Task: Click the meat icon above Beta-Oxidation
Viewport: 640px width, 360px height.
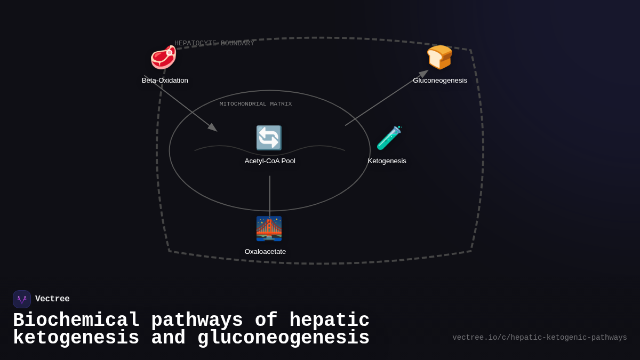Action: pyautogui.click(x=163, y=58)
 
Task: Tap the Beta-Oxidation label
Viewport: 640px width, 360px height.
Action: pyautogui.click(x=165, y=81)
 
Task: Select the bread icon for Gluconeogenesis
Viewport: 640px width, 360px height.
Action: pyautogui.click(x=439, y=57)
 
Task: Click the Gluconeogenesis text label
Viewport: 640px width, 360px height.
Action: pyautogui.click(x=440, y=81)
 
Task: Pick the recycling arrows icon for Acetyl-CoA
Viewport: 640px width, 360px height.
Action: pyautogui.click(x=269, y=138)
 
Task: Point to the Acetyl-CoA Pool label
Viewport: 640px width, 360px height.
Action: pyautogui.click(x=270, y=161)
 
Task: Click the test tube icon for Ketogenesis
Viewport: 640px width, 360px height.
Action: pyautogui.click(x=389, y=138)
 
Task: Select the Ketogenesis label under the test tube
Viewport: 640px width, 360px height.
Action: pyautogui.click(x=387, y=161)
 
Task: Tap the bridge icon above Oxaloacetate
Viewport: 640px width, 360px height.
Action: pyautogui.click(x=269, y=229)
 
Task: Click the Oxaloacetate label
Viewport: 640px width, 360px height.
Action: pyautogui.click(x=265, y=252)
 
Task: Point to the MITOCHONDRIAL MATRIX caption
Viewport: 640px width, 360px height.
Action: pyautogui.click(x=255, y=104)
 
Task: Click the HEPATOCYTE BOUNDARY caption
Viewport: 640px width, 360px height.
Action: pyautogui.click(x=214, y=43)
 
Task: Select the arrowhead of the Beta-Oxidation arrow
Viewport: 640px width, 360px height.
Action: pyautogui.click(x=213, y=128)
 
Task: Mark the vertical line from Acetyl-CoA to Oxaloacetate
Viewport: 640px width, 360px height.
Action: pyautogui.click(x=270, y=195)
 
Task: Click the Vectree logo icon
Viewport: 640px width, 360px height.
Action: pyautogui.click(x=22, y=299)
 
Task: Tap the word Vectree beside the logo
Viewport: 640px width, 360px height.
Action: pyautogui.click(x=52, y=299)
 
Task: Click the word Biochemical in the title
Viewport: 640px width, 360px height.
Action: pyautogui.click(x=76, y=321)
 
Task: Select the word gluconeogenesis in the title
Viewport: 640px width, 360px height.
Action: pyautogui.click(x=283, y=338)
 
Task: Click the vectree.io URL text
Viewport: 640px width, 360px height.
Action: pyautogui.click(x=539, y=338)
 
